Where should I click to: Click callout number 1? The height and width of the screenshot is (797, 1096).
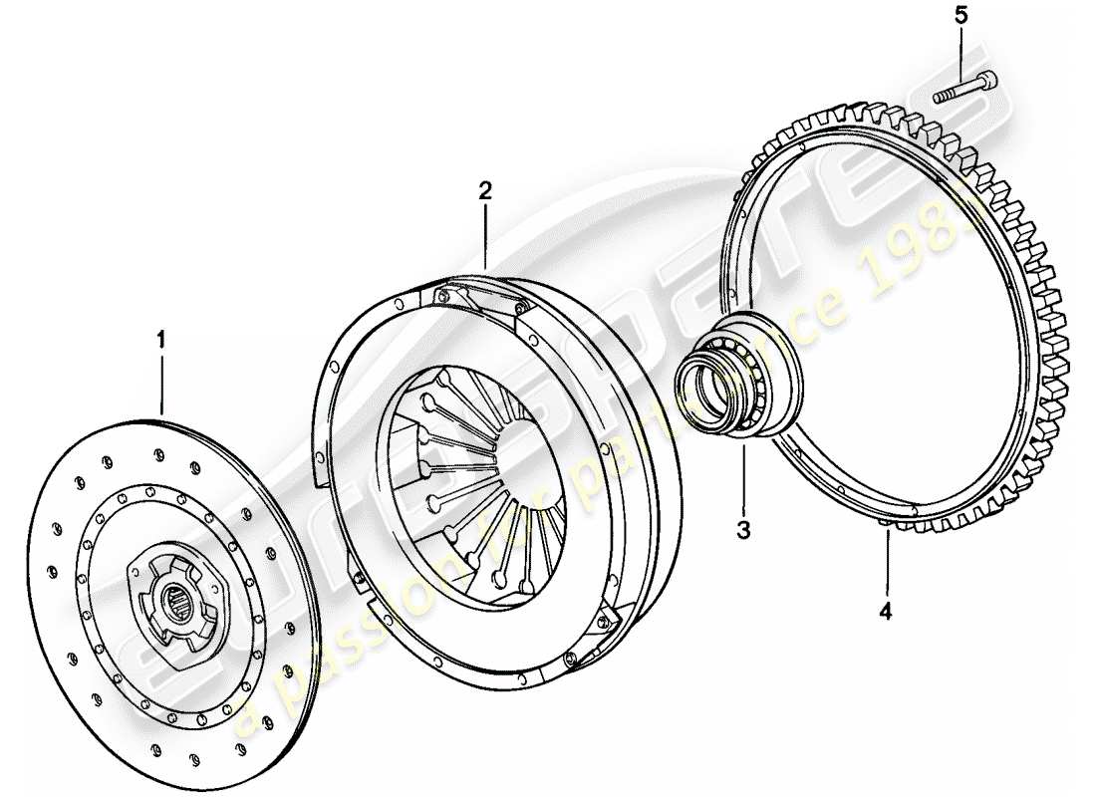[161, 341]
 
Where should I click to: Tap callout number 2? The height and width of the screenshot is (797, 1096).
[484, 190]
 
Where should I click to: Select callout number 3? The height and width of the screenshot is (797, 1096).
[743, 528]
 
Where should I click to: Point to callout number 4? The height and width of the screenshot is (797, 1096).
[886, 610]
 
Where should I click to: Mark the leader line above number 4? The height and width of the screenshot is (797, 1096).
[886, 563]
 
